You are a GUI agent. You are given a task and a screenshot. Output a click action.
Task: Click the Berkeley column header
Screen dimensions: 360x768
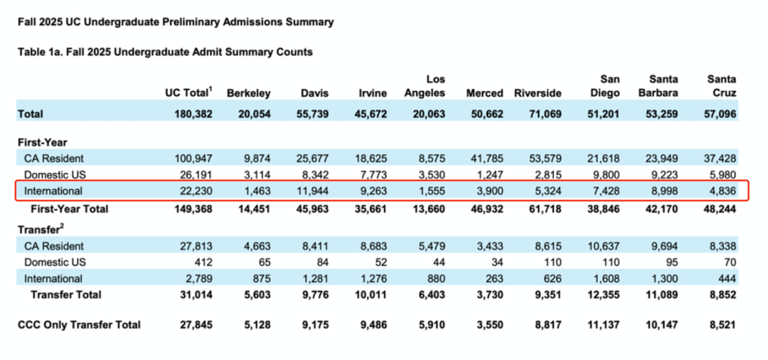pos(248,93)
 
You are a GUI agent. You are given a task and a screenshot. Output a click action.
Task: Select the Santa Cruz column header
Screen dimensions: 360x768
pos(721,86)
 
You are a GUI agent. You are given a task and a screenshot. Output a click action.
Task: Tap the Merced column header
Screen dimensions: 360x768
pos(484,93)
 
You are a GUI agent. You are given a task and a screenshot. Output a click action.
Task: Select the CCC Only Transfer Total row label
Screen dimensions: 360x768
pos(79,324)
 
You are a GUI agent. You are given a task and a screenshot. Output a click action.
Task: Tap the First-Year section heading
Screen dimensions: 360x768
pos(42,142)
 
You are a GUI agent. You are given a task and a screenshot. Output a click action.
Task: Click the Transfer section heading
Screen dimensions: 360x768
pos(40,228)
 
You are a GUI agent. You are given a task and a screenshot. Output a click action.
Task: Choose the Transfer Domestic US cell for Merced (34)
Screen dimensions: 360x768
pos(495,262)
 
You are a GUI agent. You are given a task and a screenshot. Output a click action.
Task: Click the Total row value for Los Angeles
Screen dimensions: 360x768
pos(427,114)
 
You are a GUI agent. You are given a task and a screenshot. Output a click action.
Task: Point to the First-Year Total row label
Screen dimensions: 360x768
pos(69,208)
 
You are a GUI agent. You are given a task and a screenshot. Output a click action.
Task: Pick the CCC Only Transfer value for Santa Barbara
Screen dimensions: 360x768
pos(661,324)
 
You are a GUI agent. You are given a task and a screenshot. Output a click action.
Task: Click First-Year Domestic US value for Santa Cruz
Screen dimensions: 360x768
pos(722,174)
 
